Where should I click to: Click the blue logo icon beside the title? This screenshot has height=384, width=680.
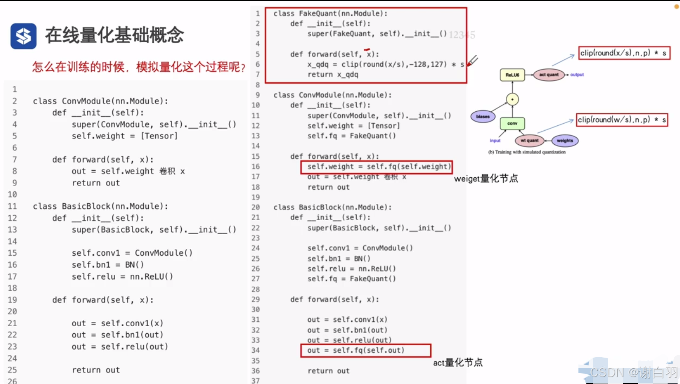tap(24, 36)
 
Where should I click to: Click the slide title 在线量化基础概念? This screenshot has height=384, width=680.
tap(114, 35)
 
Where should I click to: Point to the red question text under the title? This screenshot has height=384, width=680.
tap(139, 67)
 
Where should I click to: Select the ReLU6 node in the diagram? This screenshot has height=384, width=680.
tap(512, 75)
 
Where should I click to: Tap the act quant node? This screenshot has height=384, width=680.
tap(549, 75)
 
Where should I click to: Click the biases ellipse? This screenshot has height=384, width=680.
tap(483, 117)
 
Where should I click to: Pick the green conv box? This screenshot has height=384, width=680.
tap(512, 123)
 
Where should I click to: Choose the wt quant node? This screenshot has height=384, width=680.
tap(529, 141)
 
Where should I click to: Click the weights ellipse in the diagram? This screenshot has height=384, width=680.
tap(565, 141)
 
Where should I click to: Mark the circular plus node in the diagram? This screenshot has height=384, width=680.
tap(512, 99)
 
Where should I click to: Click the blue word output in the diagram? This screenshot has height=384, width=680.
tap(577, 75)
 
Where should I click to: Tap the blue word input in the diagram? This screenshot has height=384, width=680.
tap(495, 141)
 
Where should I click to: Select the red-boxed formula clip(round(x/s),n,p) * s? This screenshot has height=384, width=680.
tap(623, 53)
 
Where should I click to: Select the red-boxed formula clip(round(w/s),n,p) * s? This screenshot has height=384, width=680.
tap(622, 120)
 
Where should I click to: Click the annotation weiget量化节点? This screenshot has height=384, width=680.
tap(486, 179)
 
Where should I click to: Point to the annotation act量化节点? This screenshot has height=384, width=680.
tap(457, 363)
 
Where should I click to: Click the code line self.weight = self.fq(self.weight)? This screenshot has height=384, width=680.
tap(377, 167)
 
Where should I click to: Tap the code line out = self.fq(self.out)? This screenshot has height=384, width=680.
tap(355, 350)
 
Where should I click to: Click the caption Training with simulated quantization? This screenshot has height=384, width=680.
tap(527, 152)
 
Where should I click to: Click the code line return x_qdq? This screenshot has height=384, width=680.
tap(333, 75)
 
